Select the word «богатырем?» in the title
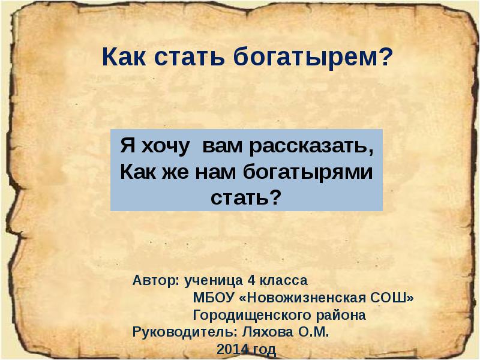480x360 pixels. point(312,58)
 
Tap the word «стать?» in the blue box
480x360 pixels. point(246,197)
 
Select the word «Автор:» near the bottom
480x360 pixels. point(156,280)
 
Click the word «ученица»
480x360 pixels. point(213,280)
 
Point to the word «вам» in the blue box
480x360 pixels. point(220,146)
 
